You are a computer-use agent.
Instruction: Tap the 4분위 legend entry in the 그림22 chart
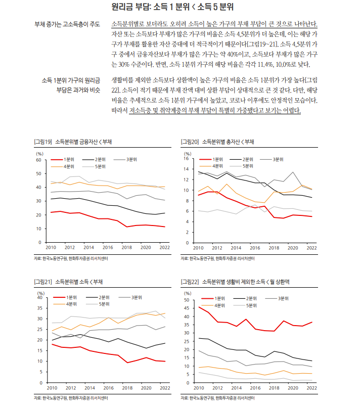219,305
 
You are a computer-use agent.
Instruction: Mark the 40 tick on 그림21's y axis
39,298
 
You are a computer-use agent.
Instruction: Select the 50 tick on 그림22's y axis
186,300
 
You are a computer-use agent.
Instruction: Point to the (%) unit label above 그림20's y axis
187,153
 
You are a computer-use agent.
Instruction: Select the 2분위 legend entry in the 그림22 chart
248,298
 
